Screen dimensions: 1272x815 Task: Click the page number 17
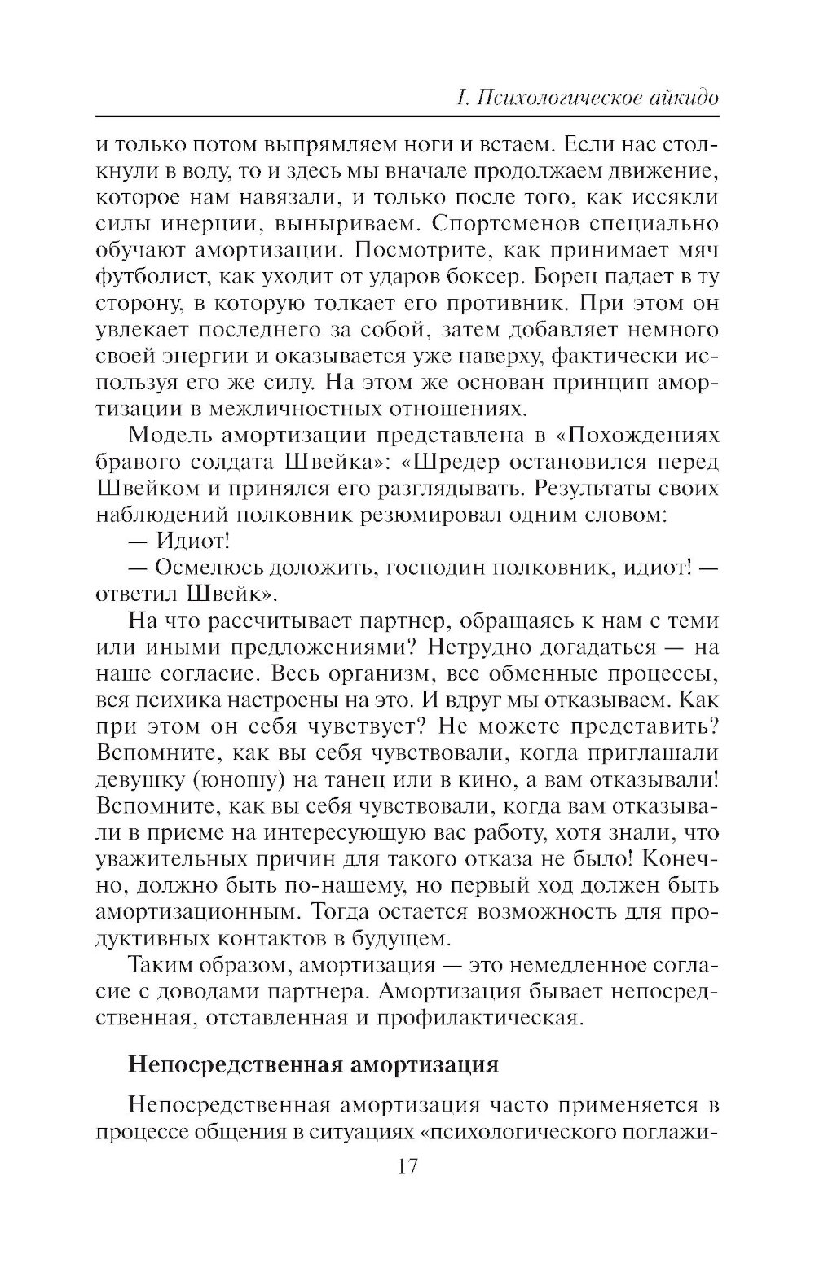click(407, 1166)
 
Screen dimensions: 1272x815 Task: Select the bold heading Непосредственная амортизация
click(313, 1065)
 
